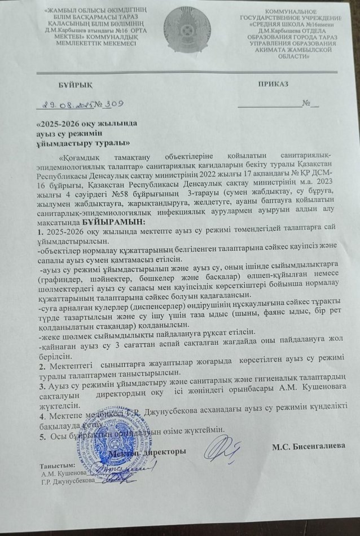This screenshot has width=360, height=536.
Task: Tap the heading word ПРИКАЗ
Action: (273, 84)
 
